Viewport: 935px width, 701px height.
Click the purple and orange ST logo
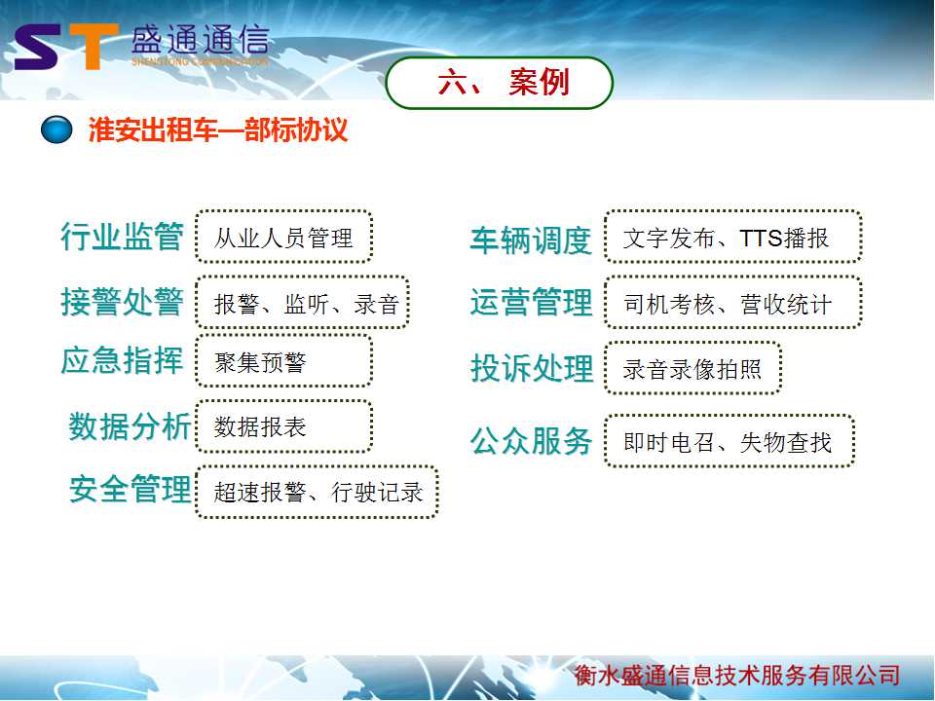65,46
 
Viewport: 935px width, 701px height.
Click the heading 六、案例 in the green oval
504,82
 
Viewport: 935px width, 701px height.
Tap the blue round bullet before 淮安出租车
56,129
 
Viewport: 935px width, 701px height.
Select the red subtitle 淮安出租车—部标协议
218,129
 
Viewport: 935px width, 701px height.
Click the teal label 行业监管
123,236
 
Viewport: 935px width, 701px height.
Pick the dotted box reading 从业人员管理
283,237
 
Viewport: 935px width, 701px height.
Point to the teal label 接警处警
123,301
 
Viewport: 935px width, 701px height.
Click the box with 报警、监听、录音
302,302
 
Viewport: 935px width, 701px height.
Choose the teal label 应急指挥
123,360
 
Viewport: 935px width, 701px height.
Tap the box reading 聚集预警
283,360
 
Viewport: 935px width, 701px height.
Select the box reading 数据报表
283,426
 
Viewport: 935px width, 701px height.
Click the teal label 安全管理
130,489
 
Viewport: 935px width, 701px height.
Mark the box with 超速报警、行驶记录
317,492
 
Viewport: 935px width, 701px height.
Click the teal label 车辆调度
531,240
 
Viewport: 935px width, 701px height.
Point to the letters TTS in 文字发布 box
761,239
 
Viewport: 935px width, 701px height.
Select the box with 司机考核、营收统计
732,302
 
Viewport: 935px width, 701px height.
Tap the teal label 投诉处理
532,368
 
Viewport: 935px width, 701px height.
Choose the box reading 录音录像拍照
692,368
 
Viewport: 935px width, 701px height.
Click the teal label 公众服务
531,441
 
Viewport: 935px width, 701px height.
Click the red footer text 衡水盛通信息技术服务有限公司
737,675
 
